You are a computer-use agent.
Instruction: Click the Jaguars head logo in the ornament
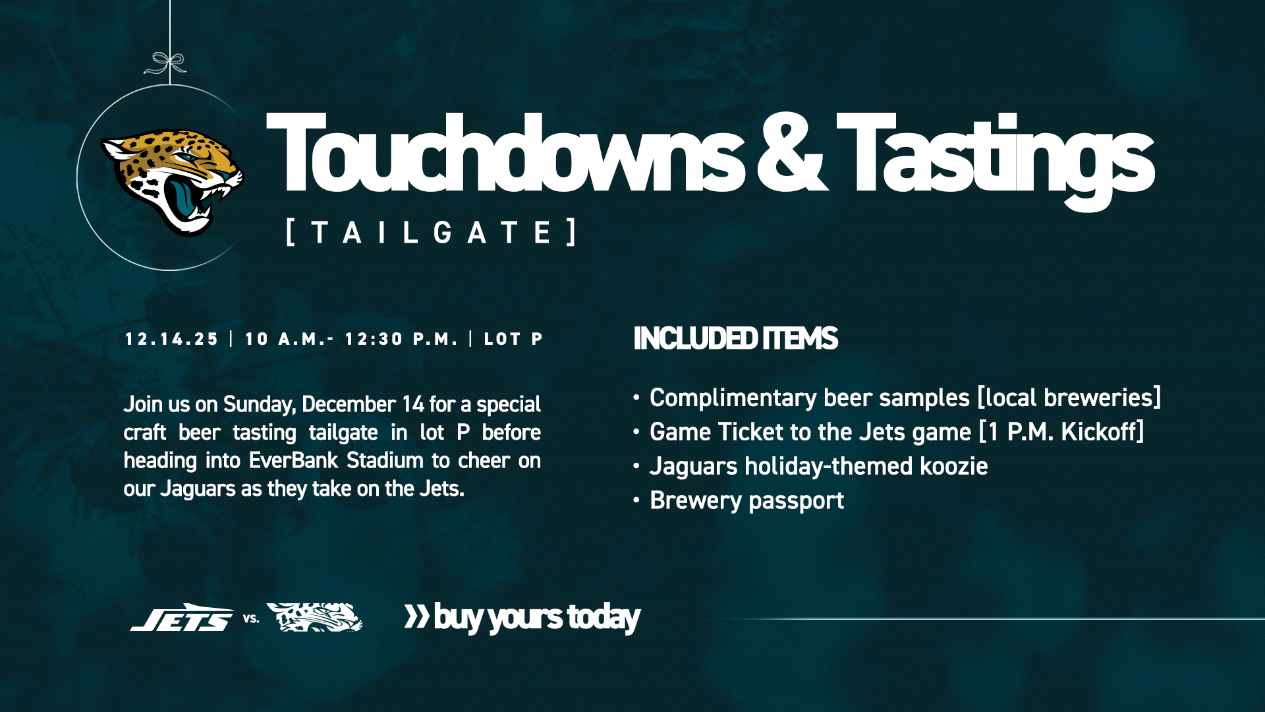[x=173, y=181]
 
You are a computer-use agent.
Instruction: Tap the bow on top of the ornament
[x=166, y=63]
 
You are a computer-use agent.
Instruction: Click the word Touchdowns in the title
[x=504, y=155]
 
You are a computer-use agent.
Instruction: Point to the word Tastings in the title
[x=995, y=158]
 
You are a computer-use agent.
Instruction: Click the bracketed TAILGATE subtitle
[x=432, y=232]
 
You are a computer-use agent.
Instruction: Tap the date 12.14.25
[x=171, y=340]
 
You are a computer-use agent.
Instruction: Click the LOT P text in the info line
[x=513, y=340]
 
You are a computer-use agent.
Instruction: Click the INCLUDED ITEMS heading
[x=735, y=339]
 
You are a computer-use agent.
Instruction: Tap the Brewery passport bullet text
[x=746, y=501]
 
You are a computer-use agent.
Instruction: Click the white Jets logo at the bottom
[x=182, y=618]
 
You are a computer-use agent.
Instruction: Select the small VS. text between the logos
[x=251, y=619]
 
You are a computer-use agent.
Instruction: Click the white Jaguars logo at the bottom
[x=314, y=618]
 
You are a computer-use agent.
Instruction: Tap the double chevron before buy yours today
[x=416, y=616]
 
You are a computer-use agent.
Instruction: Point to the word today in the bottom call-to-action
[x=604, y=618]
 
